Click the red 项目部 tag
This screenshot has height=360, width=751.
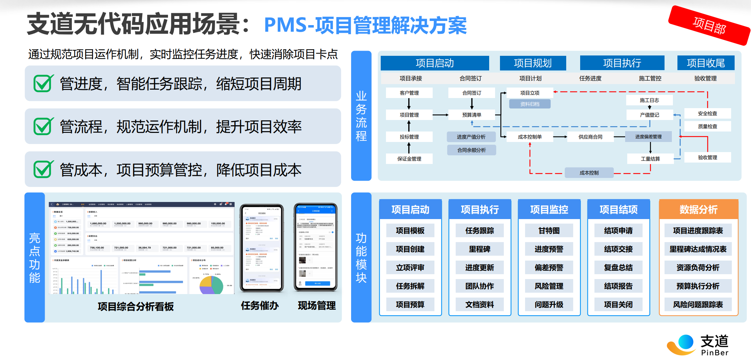[709, 25]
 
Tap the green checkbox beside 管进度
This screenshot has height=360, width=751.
[43, 83]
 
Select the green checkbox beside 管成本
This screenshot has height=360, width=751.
[43, 169]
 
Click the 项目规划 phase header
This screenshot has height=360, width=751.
[532, 63]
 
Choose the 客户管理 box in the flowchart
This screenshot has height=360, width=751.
[409, 93]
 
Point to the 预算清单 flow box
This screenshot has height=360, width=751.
[471, 115]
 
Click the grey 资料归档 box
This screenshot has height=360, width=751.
[530, 104]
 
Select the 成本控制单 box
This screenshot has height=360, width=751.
[530, 137]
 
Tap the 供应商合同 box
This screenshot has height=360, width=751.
[590, 137]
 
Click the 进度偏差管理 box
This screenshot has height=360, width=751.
[648, 137]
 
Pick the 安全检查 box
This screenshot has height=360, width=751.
[707, 113]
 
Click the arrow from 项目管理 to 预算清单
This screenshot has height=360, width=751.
[440, 115]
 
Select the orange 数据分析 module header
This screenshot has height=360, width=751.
[698, 209]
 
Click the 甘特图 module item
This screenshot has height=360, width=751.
[549, 231]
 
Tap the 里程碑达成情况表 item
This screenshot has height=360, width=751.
[698, 249]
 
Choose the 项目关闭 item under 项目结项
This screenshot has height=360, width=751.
[618, 305]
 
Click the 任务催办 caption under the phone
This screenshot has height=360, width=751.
[260, 306]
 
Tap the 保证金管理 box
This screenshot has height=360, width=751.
[409, 159]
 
